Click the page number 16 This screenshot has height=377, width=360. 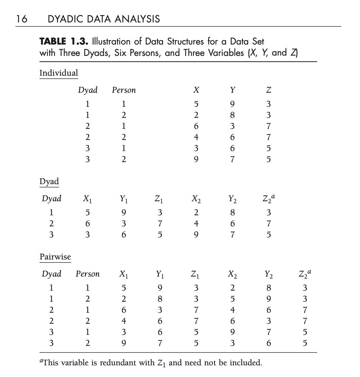tap(22, 19)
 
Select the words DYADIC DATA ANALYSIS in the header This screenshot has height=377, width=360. tap(104, 19)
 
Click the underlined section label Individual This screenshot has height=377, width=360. tap(59, 73)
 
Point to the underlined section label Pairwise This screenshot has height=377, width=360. tap(55, 257)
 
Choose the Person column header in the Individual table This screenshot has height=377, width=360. tap(124, 90)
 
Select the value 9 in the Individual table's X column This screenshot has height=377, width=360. tap(196, 159)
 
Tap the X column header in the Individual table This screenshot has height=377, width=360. tap(196, 90)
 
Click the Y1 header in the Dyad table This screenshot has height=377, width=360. tap(124, 199)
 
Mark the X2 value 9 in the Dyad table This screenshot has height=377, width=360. tap(196, 234)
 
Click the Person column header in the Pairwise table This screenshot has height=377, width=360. tap(87, 274)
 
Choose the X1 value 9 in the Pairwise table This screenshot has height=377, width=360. tap(124, 343)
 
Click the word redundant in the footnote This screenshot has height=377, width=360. tap(128, 363)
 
